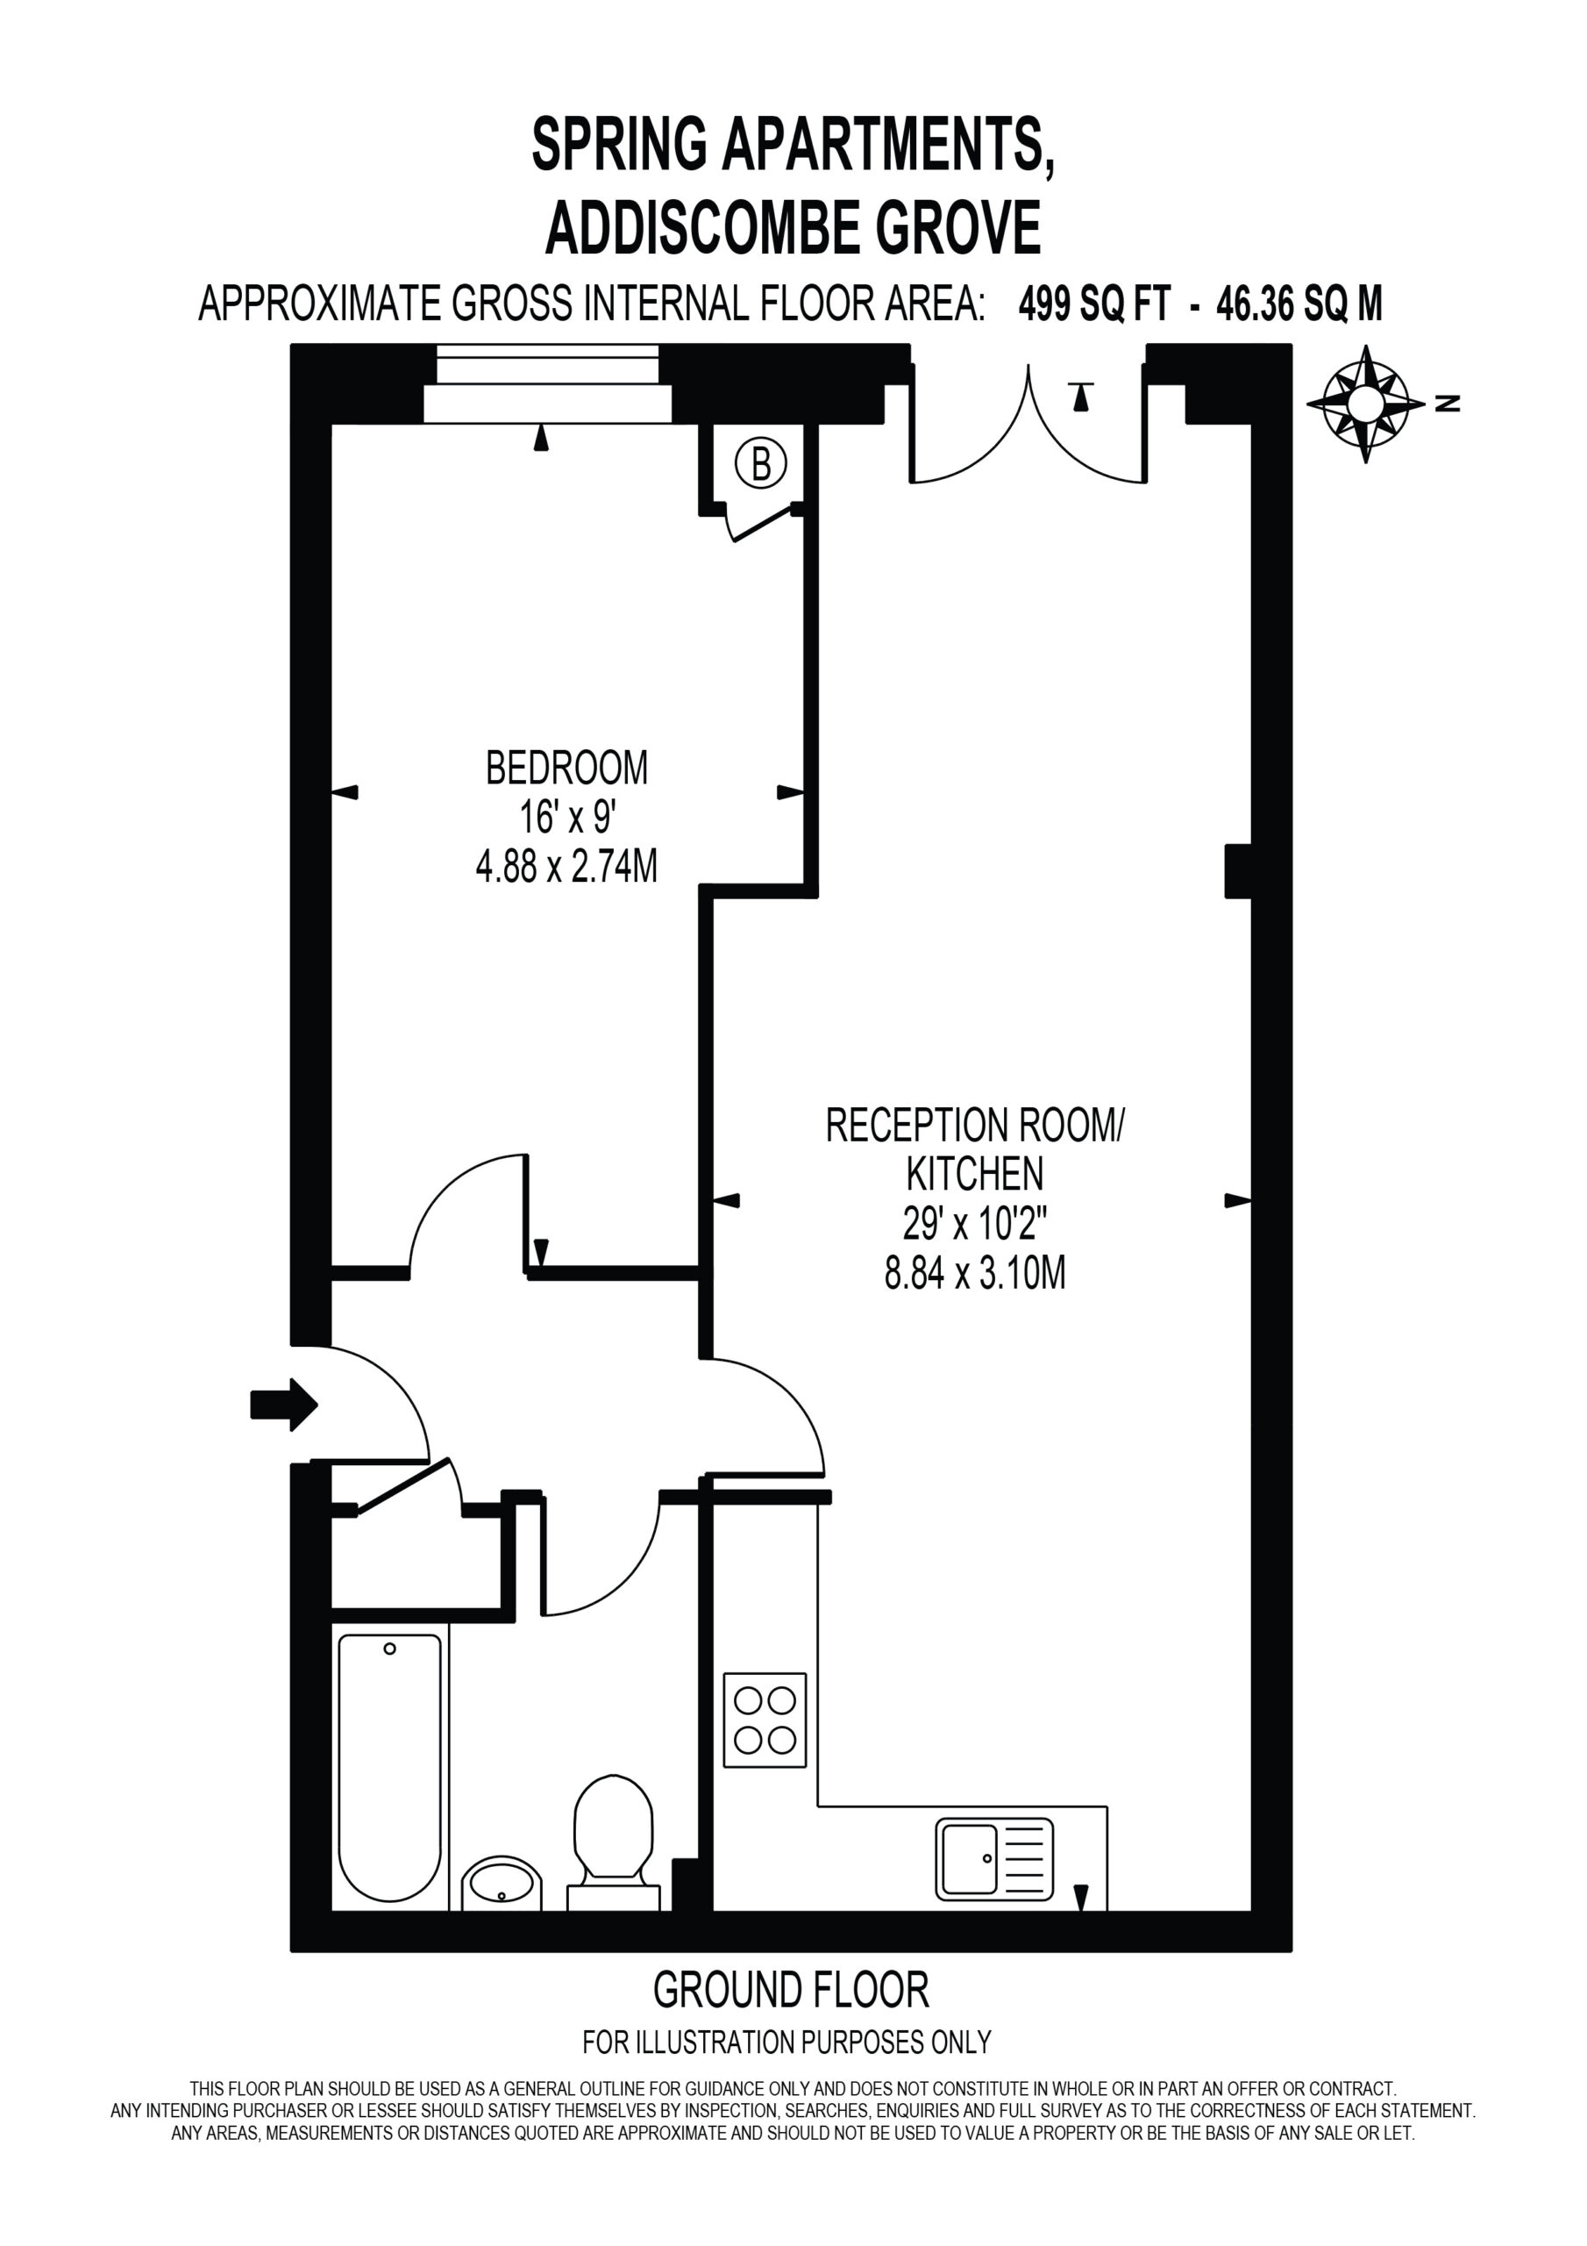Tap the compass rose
pyautogui.click(x=1365, y=403)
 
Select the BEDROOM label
pyautogui.click(x=566, y=768)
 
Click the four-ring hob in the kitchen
pyautogui.click(x=765, y=1719)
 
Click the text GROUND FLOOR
pyautogui.click(x=790, y=1990)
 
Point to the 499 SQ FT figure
pyautogui.click(x=1093, y=304)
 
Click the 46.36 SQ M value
pyautogui.click(x=1299, y=304)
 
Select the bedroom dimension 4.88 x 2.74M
pyautogui.click(x=566, y=867)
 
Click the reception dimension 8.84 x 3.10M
pyautogui.click(x=975, y=1274)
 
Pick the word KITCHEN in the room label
pyautogui.click(x=974, y=1173)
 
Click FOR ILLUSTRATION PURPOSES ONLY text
pyautogui.click(x=787, y=2042)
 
